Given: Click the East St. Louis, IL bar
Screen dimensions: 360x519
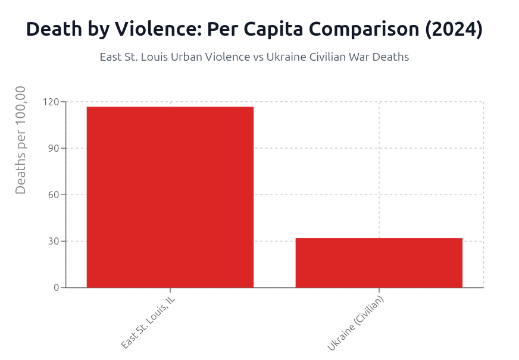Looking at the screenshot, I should (170, 197).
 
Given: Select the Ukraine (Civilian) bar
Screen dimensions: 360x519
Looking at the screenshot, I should (379, 262).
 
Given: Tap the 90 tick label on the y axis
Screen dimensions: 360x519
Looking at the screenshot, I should (54, 148).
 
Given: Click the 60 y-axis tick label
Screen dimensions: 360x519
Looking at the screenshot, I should (54, 195).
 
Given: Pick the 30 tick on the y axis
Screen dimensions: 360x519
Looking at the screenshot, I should (54, 241).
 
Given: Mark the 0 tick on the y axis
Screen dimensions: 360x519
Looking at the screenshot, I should (57, 287).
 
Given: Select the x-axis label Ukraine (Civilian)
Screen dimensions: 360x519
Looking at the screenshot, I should (356, 323).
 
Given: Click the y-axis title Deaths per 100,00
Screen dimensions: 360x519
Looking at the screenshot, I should (21, 140).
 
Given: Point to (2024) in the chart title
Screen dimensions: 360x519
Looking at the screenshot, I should (453, 29).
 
